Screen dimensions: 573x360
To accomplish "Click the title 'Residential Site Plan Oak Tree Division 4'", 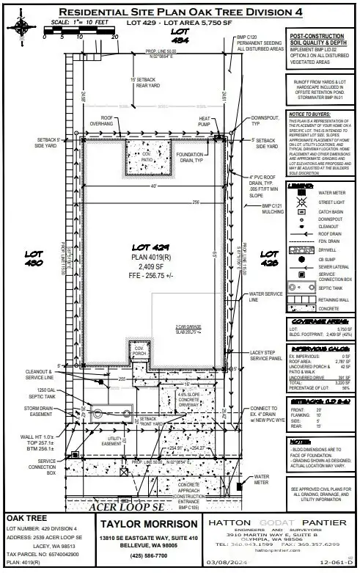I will point(180,12).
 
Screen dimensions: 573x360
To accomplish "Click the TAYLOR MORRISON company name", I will point(139,524).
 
